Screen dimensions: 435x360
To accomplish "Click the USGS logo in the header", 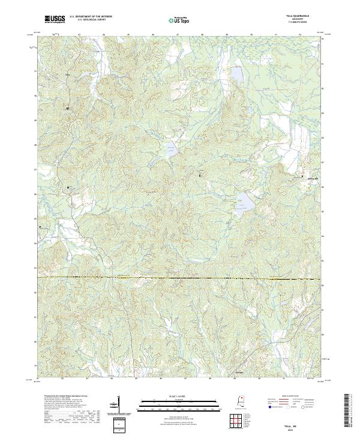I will (55, 20).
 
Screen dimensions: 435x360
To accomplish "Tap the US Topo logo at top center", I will (181, 20).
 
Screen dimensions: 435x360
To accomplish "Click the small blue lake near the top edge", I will (237, 74).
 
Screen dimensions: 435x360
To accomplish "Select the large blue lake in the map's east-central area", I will (244, 206).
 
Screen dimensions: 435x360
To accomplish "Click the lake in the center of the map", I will (171, 149).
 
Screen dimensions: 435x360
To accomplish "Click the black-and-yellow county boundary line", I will (180, 278).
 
